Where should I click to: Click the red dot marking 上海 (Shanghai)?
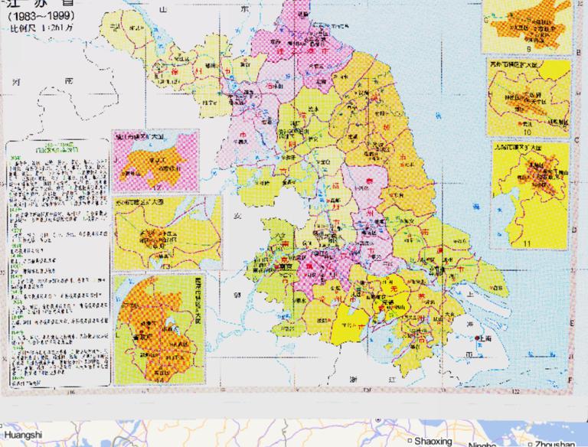coord(477,338)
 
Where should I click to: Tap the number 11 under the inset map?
coord(527,243)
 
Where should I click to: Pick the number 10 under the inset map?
coord(527,131)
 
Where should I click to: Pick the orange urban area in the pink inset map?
coord(151,165)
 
